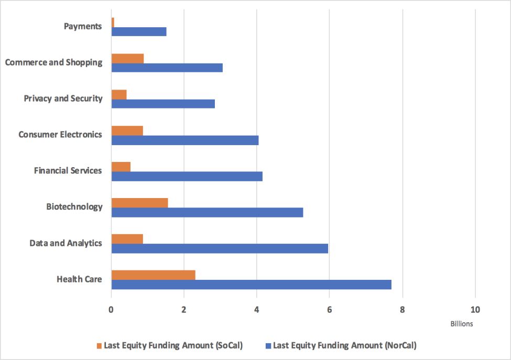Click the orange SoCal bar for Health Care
(x=154, y=275)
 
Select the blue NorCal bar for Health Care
(x=251, y=285)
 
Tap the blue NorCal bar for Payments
(x=139, y=31)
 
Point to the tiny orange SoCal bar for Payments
(x=113, y=23)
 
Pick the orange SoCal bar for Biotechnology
(x=140, y=203)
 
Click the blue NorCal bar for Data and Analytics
(x=220, y=248)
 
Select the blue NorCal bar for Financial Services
(x=187, y=176)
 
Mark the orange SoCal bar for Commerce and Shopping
(x=127, y=59)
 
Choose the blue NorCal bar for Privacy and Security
(x=163, y=104)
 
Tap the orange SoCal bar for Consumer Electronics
(x=127, y=130)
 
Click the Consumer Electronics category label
(x=60, y=135)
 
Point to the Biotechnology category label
(x=74, y=207)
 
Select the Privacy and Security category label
(x=63, y=99)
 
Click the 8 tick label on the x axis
(x=403, y=310)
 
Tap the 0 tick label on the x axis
(x=111, y=310)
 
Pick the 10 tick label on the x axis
(x=475, y=310)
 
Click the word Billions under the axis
(x=461, y=324)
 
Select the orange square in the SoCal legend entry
(x=99, y=346)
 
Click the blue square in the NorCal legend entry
(x=268, y=346)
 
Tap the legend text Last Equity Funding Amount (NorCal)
(x=345, y=345)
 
